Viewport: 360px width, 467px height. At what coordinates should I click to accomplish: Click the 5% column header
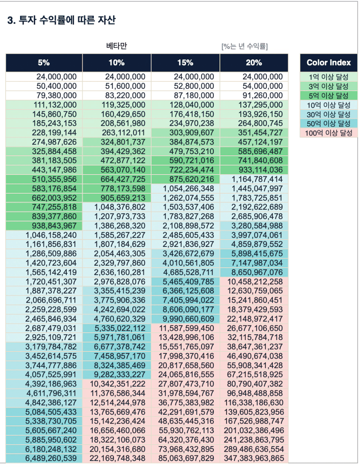(x=44, y=62)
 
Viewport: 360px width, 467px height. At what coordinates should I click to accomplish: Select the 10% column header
(x=116, y=62)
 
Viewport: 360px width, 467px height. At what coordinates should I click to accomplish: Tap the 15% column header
(x=185, y=62)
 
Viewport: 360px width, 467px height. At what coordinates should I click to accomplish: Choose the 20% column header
(x=254, y=62)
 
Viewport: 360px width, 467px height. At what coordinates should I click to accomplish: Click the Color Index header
(x=329, y=62)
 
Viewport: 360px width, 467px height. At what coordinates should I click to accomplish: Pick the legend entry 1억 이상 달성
(x=329, y=77)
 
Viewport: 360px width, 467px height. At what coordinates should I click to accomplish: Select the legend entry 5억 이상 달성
(x=329, y=96)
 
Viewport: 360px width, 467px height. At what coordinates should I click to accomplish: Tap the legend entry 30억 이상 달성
(x=329, y=114)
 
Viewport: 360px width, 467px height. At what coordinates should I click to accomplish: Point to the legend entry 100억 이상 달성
(x=329, y=133)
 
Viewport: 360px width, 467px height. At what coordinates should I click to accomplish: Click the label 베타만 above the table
(x=116, y=46)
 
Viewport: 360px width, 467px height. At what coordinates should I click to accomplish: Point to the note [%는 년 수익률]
(x=245, y=46)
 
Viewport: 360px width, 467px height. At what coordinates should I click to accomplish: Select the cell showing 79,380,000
(x=44, y=96)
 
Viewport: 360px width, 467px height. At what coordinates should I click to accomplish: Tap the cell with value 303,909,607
(x=185, y=133)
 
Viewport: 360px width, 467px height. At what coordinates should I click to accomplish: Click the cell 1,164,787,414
(x=254, y=179)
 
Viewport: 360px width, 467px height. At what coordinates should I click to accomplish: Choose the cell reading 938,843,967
(x=44, y=226)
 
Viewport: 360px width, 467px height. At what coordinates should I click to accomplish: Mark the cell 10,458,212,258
(x=254, y=281)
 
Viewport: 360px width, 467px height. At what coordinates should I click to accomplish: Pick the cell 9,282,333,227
(x=116, y=375)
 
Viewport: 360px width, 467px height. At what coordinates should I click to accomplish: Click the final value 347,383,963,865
(x=254, y=458)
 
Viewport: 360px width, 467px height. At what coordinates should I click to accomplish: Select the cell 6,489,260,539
(x=44, y=458)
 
